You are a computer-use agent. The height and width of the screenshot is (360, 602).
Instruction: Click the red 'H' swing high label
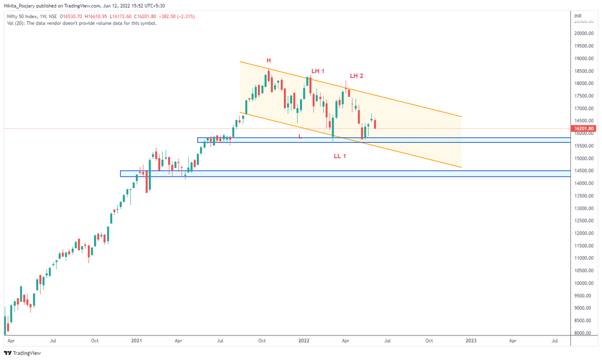(x=269, y=60)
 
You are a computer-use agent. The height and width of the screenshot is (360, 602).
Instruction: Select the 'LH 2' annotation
(x=356, y=76)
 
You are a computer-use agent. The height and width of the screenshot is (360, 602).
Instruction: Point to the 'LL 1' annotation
(x=340, y=156)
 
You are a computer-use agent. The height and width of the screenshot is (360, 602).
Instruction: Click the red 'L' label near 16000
(x=300, y=136)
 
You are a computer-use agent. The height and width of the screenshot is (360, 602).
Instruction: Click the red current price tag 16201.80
(x=585, y=129)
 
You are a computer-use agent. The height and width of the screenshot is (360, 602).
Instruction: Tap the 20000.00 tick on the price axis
(x=585, y=34)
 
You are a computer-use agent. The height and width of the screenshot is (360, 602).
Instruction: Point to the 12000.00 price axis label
(x=585, y=233)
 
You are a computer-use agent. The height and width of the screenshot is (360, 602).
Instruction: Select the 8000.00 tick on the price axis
(x=585, y=333)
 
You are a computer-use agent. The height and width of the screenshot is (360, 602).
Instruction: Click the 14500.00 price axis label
(x=585, y=171)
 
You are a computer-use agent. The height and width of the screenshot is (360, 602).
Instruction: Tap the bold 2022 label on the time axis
(x=304, y=340)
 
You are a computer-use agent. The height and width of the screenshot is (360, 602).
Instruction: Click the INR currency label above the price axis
(x=578, y=17)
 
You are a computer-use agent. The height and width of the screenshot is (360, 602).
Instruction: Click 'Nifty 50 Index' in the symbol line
(x=20, y=17)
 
